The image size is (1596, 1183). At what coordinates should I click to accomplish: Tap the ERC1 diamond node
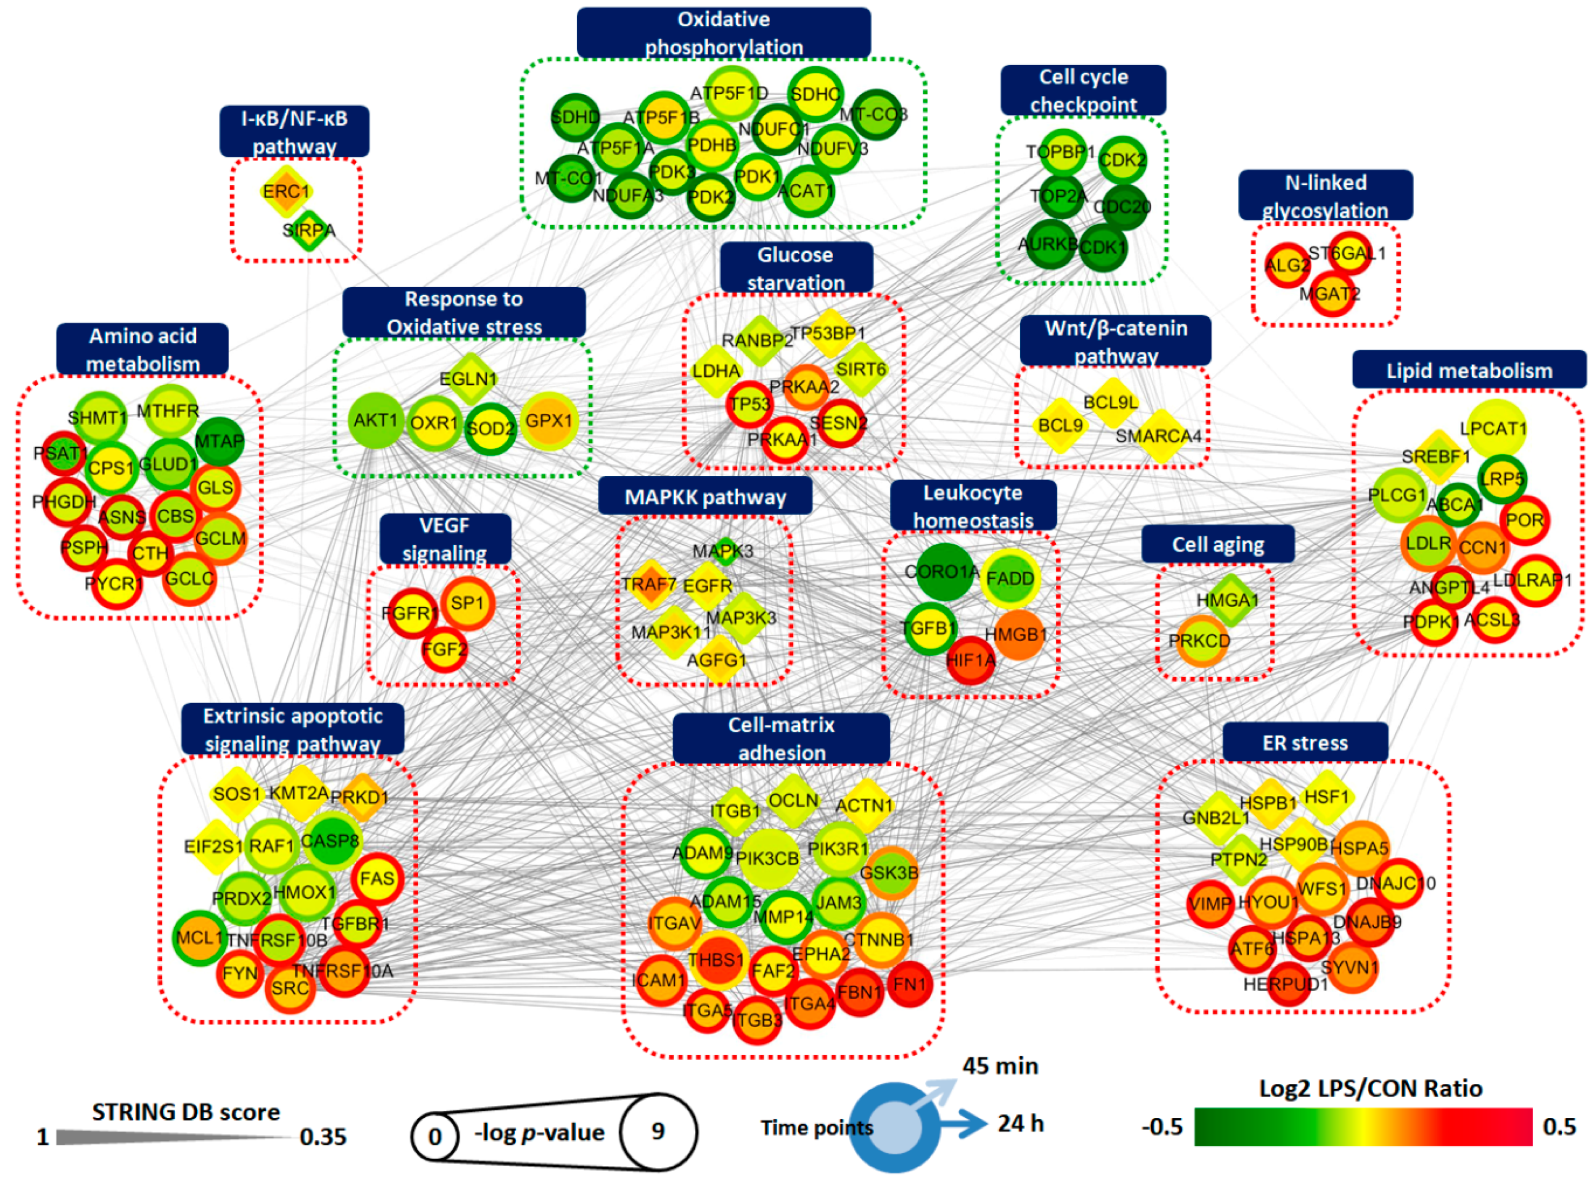tap(286, 192)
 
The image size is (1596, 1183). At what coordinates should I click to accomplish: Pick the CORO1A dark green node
tap(943, 571)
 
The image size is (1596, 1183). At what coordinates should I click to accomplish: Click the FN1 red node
tap(909, 984)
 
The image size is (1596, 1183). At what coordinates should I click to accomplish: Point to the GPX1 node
tap(549, 421)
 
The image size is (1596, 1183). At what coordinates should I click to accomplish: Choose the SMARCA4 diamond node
tap(1158, 435)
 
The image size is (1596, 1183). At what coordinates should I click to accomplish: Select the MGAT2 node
tap(1332, 293)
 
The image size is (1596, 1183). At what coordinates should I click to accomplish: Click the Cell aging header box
tap(1217, 544)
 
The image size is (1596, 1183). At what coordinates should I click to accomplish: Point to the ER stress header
tap(1305, 742)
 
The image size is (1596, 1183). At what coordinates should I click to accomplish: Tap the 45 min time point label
tap(1000, 1066)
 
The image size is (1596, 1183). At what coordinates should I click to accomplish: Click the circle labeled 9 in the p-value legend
tap(657, 1131)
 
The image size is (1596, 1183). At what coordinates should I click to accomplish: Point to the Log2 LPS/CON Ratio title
tap(1370, 1089)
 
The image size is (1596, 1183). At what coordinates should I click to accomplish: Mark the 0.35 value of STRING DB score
tap(323, 1136)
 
